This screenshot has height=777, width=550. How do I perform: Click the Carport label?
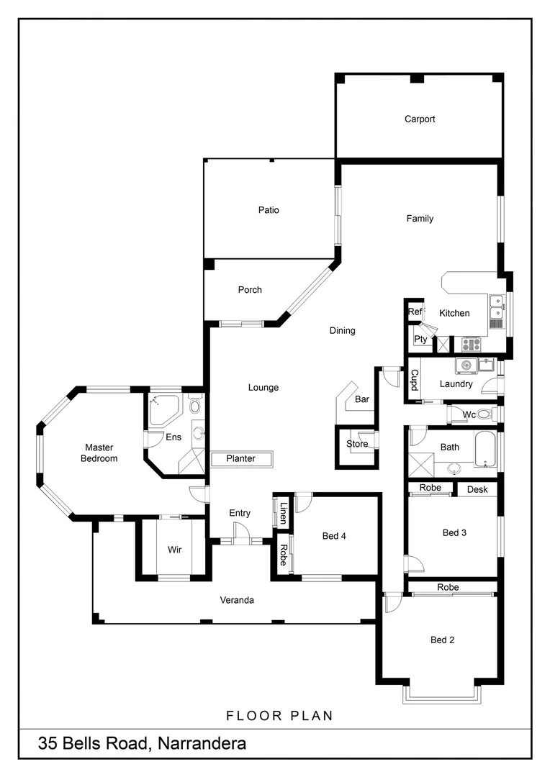(x=420, y=119)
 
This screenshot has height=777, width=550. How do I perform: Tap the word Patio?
(x=269, y=210)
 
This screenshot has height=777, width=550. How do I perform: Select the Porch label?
(x=250, y=290)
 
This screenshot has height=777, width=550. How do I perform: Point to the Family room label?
(x=420, y=219)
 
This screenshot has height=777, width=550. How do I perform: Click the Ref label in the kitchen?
(x=415, y=312)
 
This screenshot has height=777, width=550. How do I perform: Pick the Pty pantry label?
(x=420, y=340)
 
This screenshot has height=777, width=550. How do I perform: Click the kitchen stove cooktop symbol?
(x=471, y=344)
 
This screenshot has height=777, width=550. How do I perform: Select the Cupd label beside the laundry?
(x=415, y=380)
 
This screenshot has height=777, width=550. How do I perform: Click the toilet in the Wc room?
(x=484, y=414)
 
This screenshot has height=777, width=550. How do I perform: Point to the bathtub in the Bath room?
(x=485, y=447)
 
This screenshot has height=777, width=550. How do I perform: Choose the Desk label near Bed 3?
(x=477, y=489)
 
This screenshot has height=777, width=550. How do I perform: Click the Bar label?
(x=362, y=399)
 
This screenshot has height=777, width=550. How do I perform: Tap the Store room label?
(x=357, y=444)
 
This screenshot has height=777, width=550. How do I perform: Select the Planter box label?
(x=241, y=459)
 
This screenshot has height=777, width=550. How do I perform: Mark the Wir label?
(x=174, y=550)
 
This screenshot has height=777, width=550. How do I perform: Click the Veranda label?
(x=237, y=600)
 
